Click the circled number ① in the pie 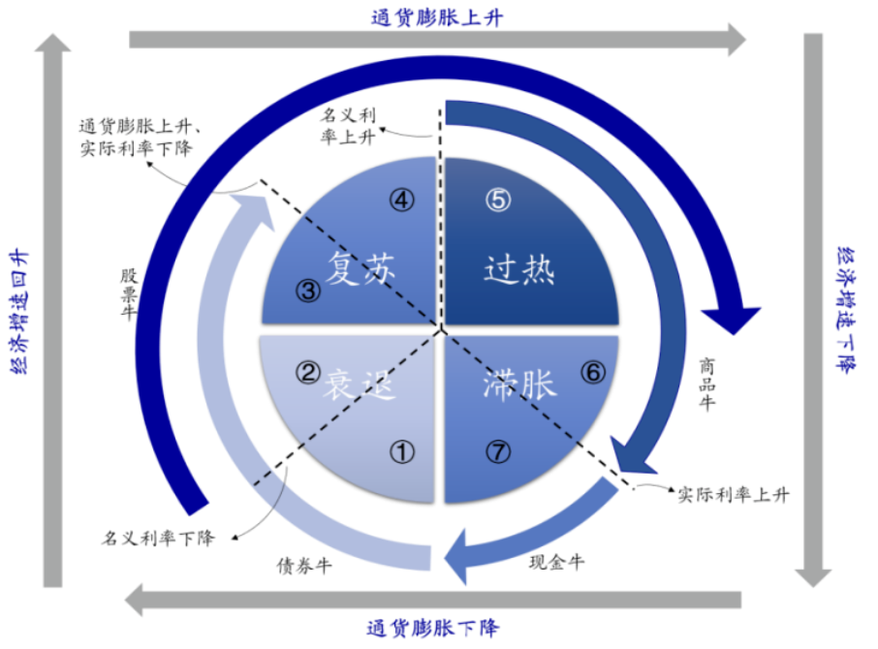(x=402, y=450)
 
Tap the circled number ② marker (x=307, y=372)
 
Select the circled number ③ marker (x=307, y=290)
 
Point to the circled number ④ (x=402, y=201)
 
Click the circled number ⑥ (x=592, y=372)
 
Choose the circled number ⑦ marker (x=497, y=450)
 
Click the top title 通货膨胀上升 (x=437, y=16)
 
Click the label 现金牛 (x=555, y=561)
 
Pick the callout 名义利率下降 (x=158, y=537)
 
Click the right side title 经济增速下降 (x=844, y=310)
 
